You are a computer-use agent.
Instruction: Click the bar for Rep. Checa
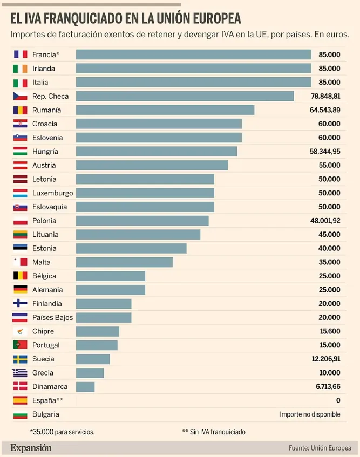185,96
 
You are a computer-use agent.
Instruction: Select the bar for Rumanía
165,110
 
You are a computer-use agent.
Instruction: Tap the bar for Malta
124,262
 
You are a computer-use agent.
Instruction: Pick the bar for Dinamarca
85,387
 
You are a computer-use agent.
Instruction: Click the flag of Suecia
20,359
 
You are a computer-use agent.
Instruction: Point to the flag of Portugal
20,345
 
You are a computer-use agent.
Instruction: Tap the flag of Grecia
20,373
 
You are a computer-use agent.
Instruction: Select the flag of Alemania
20,290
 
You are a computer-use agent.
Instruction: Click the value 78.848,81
325,96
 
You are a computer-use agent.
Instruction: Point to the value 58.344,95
325,152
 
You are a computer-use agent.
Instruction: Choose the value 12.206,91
325,359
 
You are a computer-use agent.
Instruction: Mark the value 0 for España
338,400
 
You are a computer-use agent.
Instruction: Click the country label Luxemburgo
52,193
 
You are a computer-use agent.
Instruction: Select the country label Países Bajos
52,318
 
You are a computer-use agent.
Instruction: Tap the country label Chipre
43,331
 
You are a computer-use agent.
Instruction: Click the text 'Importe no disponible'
310,414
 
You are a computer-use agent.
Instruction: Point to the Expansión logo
31,448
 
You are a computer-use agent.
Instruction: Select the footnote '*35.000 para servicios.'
62,432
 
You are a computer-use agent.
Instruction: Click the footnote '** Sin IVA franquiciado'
214,432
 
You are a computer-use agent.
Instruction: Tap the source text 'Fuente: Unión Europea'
320,448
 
